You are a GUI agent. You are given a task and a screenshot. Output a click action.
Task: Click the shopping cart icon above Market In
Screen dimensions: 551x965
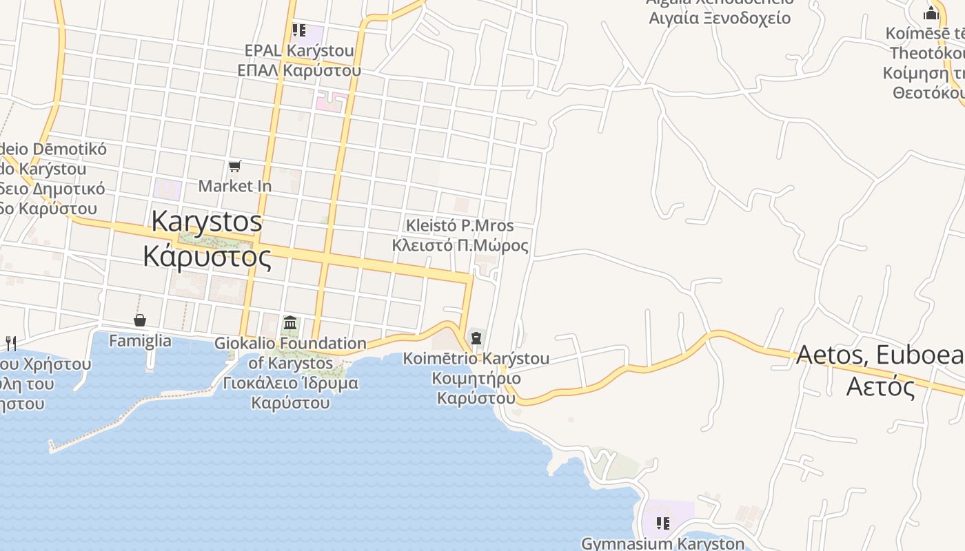point(235,166)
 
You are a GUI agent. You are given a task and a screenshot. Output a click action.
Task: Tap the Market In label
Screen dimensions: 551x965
point(235,186)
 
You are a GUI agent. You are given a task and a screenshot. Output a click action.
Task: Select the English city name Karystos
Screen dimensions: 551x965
point(207,221)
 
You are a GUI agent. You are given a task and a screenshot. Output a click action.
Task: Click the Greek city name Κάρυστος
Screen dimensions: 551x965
point(207,256)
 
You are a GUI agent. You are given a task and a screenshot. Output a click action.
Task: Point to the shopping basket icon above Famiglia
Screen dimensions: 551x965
point(140,320)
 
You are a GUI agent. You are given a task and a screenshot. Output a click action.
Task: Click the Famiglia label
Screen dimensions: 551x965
point(140,340)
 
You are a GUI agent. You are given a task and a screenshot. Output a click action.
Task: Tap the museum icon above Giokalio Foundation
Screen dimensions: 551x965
point(290,323)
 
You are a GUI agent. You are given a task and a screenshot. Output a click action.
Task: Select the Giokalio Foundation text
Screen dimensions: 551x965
point(290,343)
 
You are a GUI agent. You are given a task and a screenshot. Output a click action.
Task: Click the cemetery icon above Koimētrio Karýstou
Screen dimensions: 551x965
point(476,338)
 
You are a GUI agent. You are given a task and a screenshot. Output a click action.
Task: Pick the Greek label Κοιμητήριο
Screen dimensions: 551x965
point(476,378)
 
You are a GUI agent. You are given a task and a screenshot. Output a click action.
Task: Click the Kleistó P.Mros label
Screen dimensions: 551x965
point(460,225)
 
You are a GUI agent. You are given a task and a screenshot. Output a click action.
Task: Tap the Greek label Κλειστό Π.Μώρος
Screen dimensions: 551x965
point(460,245)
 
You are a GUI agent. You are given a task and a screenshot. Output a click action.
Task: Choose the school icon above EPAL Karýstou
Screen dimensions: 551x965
point(298,30)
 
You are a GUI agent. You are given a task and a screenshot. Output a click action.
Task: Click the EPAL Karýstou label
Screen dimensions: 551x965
point(299,50)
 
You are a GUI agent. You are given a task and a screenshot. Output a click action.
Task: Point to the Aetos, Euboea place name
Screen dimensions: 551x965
point(880,355)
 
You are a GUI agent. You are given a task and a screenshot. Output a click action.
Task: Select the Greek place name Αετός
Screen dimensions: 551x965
point(880,386)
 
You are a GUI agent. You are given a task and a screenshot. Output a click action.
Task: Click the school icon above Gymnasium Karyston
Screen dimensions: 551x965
point(662,523)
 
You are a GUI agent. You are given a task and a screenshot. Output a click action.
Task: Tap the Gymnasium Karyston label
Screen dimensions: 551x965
point(662,543)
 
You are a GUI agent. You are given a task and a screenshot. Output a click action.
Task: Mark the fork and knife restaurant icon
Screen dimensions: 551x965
point(10,342)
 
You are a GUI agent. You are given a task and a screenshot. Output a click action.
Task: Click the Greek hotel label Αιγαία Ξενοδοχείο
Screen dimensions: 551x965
point(720,18)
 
